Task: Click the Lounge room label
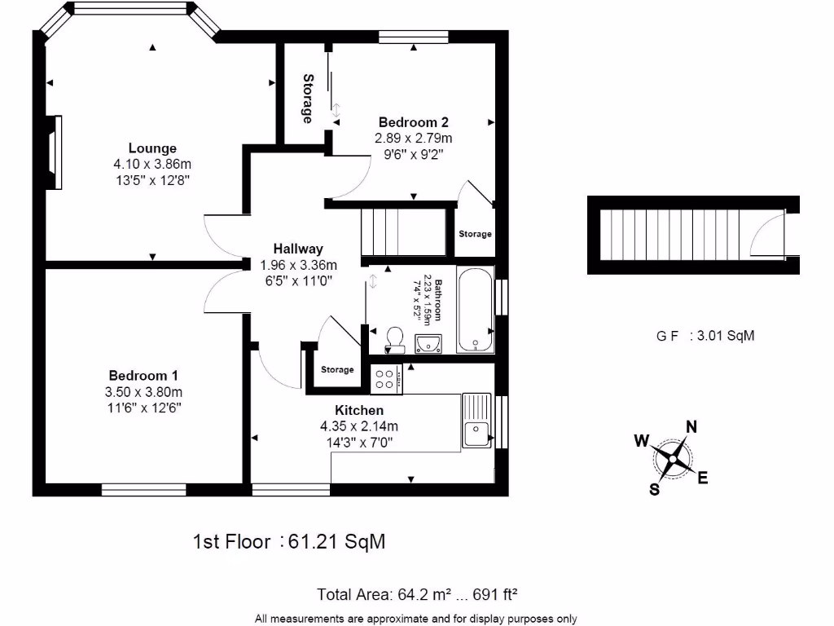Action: (152, 148)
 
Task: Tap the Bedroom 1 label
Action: (143, 376)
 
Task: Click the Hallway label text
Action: (298, 249)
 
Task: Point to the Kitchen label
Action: (359, 410)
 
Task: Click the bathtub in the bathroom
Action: (474, 311)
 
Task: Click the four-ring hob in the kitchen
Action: (384, 377)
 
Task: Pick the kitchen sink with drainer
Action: (475, 420)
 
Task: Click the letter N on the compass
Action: (691, 426)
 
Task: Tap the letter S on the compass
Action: (654, 489)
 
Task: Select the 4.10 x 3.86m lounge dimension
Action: (152, 164)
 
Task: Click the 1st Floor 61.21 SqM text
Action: (288, 541)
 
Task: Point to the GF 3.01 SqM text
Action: (705, 335)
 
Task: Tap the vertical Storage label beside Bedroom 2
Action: (308, 99)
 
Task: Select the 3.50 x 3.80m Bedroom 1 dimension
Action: (143, 391)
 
